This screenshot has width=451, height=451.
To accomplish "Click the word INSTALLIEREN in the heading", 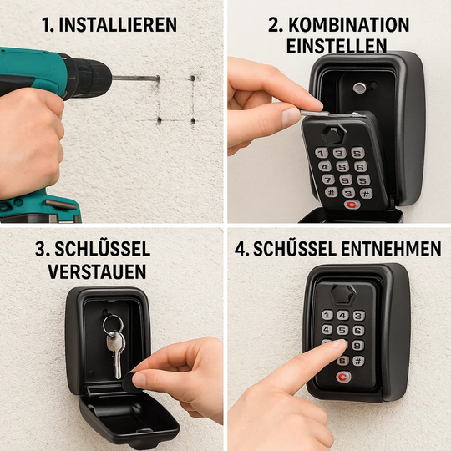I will tap(119, 24).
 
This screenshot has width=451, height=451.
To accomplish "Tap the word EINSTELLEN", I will tap(337, 47).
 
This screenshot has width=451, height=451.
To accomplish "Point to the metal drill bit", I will tap(134, 78).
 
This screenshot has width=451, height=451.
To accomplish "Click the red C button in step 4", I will tap(341, 378).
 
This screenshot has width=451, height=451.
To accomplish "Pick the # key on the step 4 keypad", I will tap(359, 361).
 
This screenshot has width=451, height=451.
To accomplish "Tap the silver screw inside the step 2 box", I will tap(359, 88).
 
